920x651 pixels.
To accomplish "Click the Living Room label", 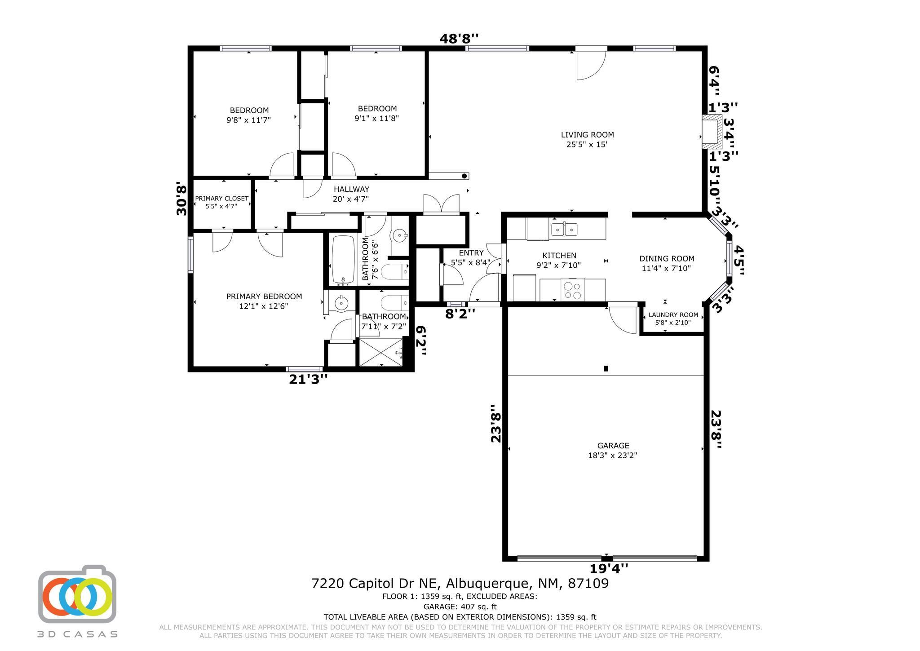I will (x=587, y=139).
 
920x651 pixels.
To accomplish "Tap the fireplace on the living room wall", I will (x=712, y=131).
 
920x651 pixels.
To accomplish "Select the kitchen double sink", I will (x=564, y=229).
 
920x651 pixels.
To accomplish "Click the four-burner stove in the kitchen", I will (x=572, y=289).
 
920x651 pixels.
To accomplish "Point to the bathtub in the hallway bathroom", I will (x=343, y=260).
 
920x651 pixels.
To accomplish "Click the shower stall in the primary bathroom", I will (x=381, y=353).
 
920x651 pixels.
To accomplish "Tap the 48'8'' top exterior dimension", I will (x=459, y=39).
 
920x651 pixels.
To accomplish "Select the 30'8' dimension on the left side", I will (x=181, y=198).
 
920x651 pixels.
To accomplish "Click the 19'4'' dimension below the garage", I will (x=608, y=569).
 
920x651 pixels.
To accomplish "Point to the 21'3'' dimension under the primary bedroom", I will (x=308, y=380).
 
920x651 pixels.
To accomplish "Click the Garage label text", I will (x=613, y=450).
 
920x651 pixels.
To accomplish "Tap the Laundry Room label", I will (x=673, y=319).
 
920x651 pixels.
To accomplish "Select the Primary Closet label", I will (x=221, y=202).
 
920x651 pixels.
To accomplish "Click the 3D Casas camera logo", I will (x=77, y=594).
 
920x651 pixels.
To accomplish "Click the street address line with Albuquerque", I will (x=460, y=584).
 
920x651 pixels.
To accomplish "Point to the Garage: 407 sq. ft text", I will (x=460, y=607).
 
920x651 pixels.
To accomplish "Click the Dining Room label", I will (x=667, y=263).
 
